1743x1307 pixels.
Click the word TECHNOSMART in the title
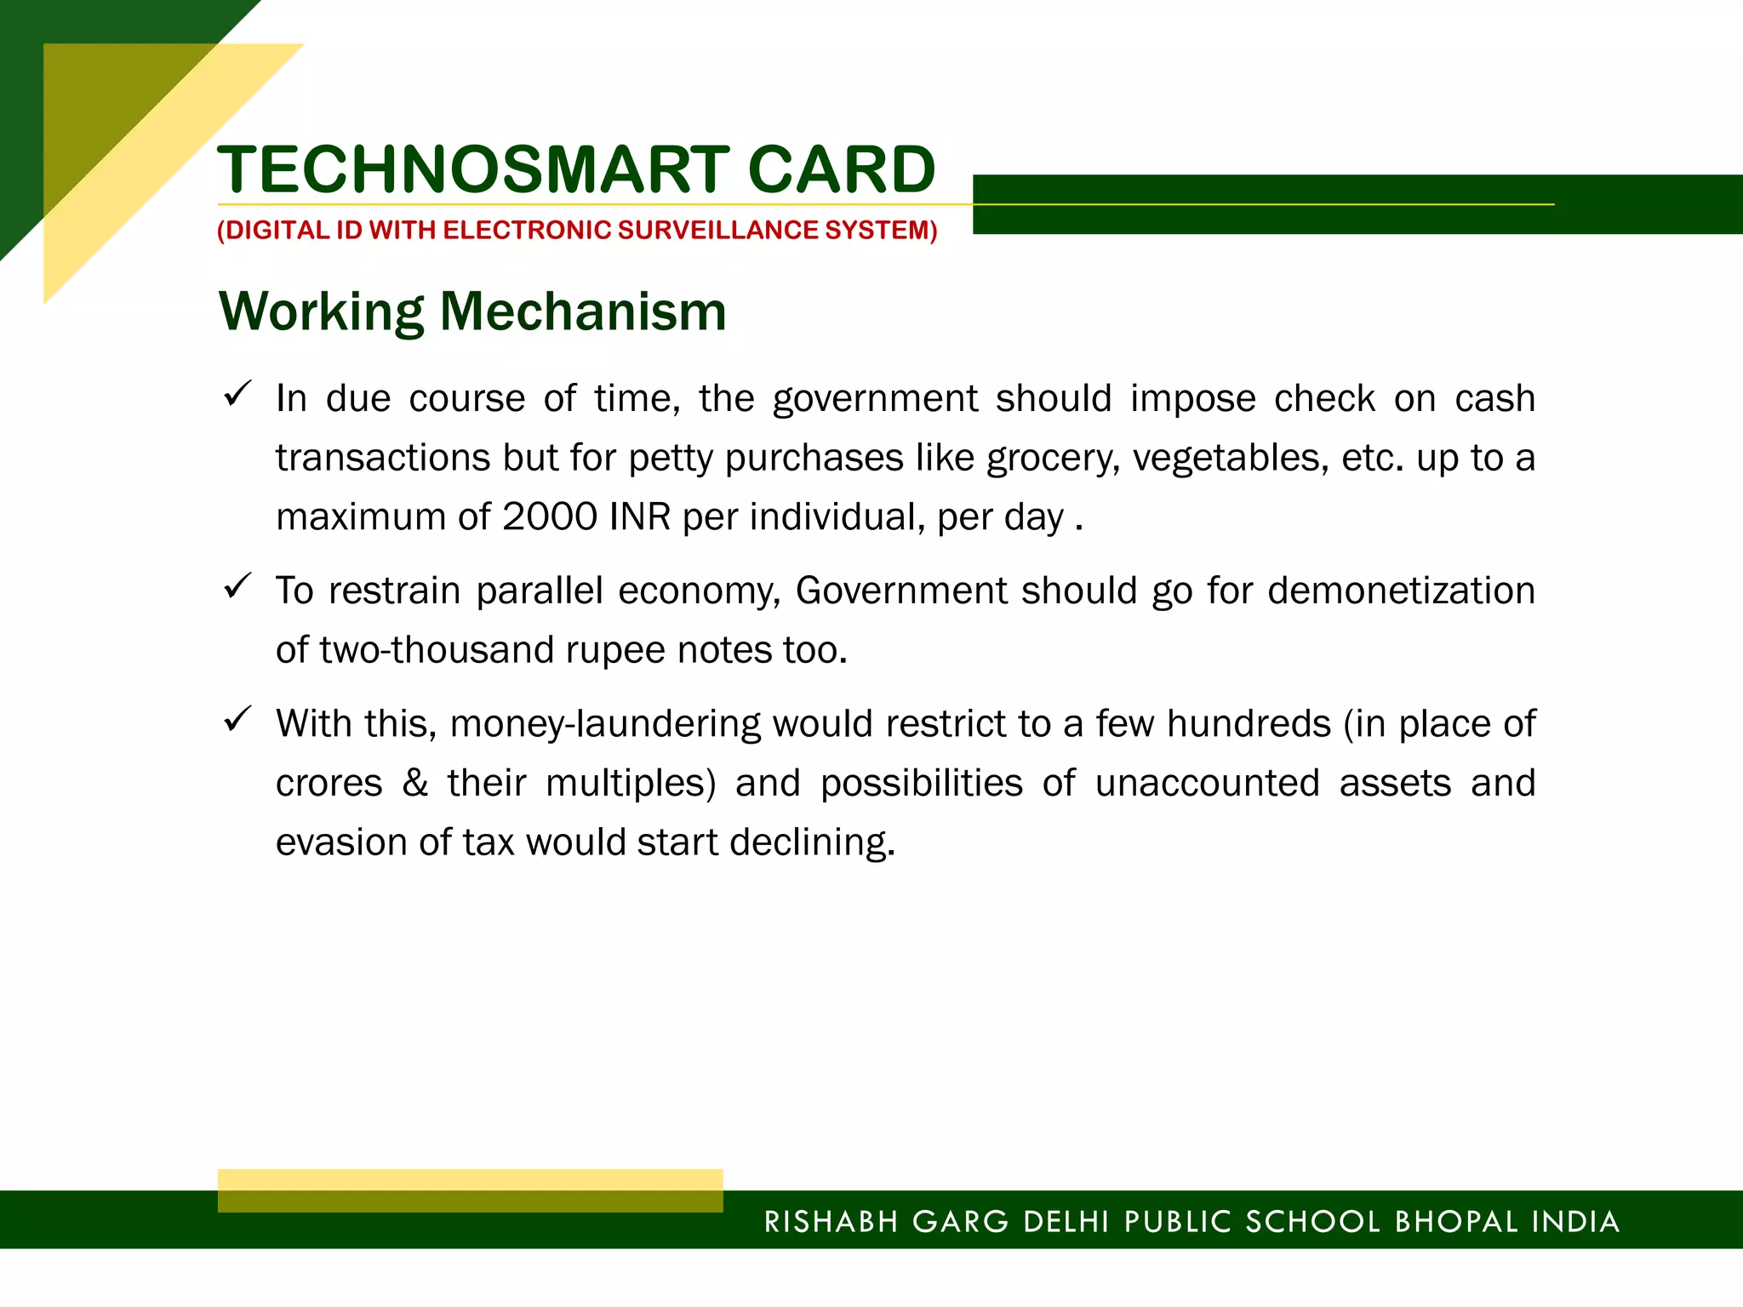coord(473,169)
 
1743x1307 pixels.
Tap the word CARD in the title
coord(842,169)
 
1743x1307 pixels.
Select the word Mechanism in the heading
coord(583,311)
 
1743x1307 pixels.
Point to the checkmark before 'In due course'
coord(237,394)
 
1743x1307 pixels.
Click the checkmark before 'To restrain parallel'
coord(237,586)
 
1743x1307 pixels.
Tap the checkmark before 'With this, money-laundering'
coord(237,720)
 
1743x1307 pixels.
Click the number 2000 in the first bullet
coord(550,517)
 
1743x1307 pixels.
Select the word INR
coord(640,517)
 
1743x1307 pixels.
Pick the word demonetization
coord(1401,591)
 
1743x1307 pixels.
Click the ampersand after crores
coord(415,783)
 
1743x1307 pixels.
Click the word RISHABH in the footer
coord(831,1222)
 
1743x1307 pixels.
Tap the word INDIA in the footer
coord(1575,1222)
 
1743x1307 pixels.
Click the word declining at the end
coord(812,843)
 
